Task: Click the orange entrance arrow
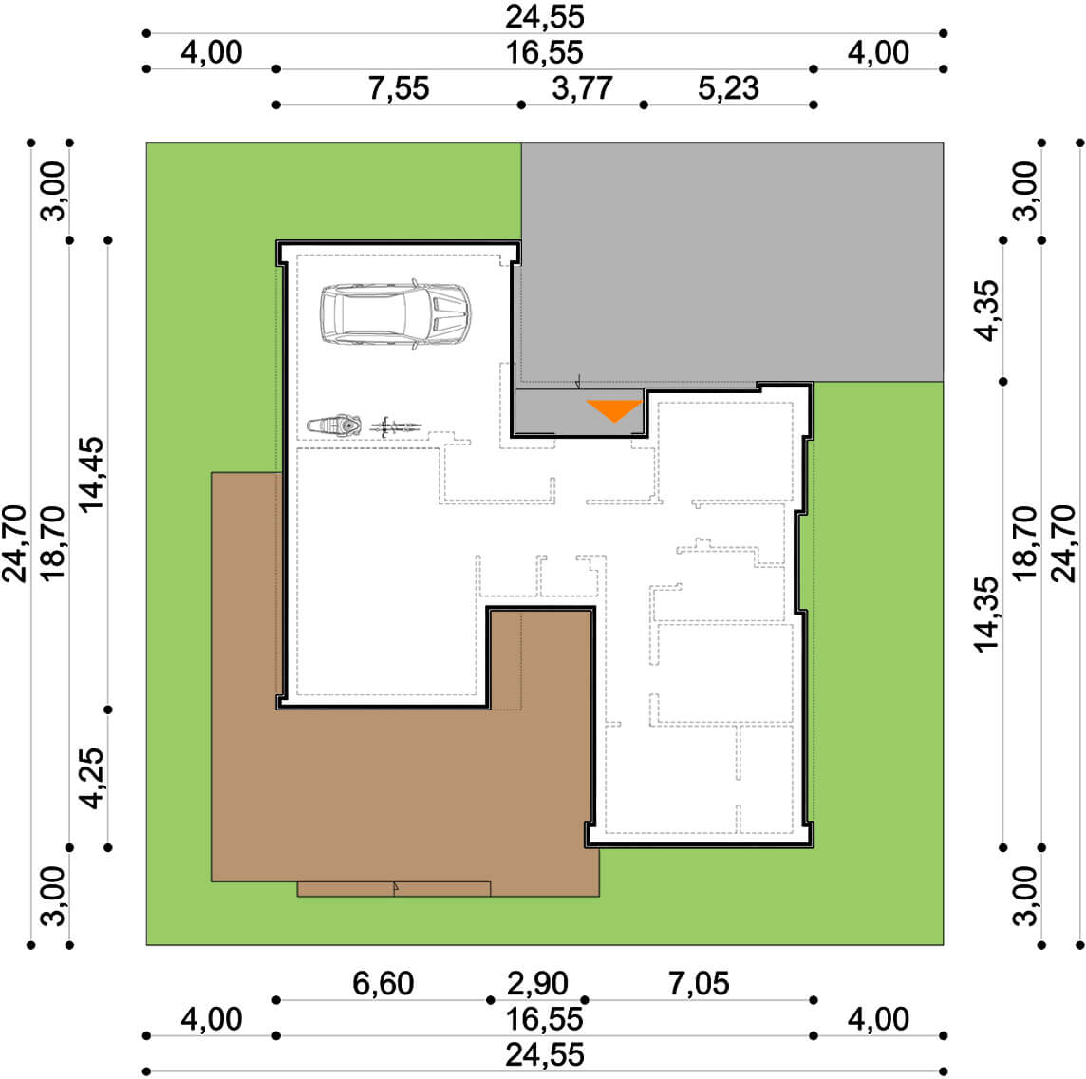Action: (614, 410)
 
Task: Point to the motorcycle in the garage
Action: (334, 425)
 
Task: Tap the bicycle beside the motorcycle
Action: (396, 426)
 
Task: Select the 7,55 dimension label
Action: (399, 88)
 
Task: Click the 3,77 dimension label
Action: (582, 88)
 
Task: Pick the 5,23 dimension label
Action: (728, 88)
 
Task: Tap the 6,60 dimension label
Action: (383, 983)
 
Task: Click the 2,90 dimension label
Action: (537, 983)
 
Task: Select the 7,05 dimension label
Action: (699, 983)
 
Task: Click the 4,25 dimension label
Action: (91, 778)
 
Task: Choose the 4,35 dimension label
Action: (987, 311)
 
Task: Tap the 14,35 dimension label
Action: (987, 614)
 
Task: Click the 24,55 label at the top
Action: (544, 17)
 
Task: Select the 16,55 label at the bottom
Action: (544, 1019)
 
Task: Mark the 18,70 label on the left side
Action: (52, 543)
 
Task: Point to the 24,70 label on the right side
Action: (1064, 543)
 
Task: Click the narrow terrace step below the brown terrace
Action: (394, 889)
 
